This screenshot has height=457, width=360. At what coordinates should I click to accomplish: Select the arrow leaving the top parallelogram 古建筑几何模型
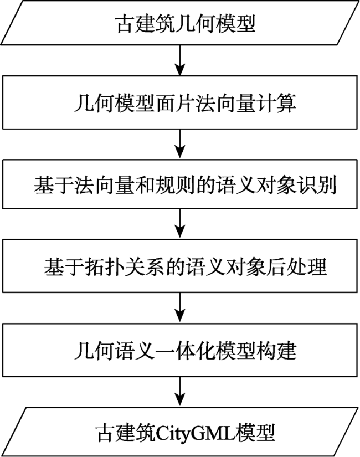point(180,60)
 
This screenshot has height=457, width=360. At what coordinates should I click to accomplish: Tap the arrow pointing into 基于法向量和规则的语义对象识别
point(180,144)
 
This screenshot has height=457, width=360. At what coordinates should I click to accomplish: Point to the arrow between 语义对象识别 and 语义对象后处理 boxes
point(180,224)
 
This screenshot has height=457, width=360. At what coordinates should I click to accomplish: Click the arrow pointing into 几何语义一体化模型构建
point(180,307)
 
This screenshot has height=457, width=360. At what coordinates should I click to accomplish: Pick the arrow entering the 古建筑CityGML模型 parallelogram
point(180,392)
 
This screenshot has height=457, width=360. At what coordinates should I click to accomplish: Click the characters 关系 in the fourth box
point(145,266)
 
